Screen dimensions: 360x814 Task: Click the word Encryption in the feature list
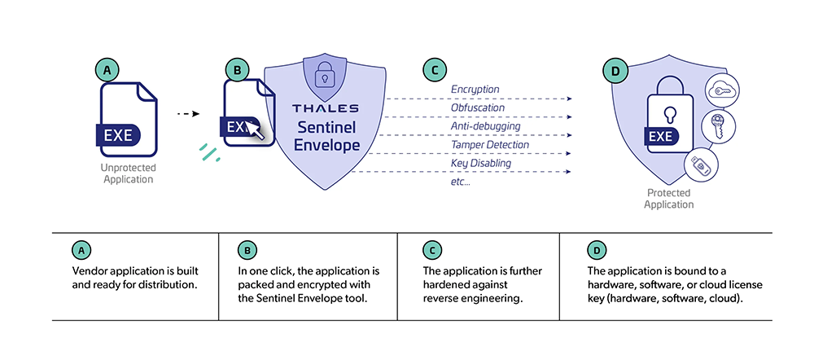click(475, 89)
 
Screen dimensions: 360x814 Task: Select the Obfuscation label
click(478, 108)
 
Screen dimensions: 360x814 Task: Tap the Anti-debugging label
click(481, 126)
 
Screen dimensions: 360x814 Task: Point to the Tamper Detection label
click(489, 145)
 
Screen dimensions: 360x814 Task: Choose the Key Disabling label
click(481, 164)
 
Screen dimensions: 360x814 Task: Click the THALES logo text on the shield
click(326, 108)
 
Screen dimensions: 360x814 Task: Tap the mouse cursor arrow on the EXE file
click(256, 130)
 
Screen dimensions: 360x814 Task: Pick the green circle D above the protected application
click(614, 72)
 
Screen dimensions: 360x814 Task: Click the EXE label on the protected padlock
click(663, 135)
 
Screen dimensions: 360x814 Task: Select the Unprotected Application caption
click(126, 173)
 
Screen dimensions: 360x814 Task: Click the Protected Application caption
click(669, 199)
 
